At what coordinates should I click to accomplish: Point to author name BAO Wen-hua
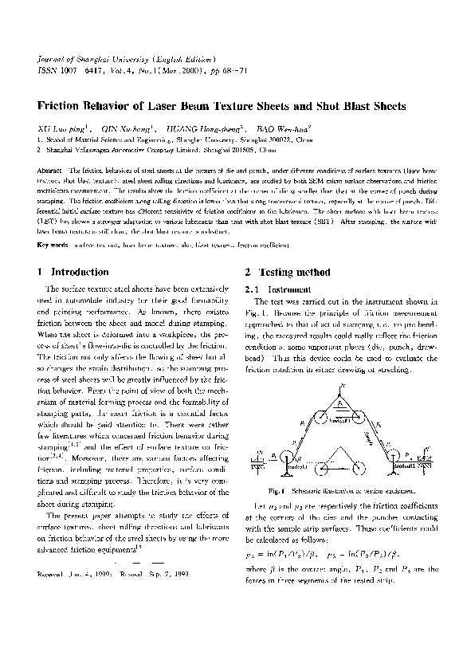pyautogui.click(x=277, y=128)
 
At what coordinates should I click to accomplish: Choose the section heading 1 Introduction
pyautogui.click(x=73, y=272)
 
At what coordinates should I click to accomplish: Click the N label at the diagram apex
pyautogui.click(x=343, y=386)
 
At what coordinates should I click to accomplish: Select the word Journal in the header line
pyautogui.click(x=54, y=60)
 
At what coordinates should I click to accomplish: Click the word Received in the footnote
pyautogui.click(x=53, y=573)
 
